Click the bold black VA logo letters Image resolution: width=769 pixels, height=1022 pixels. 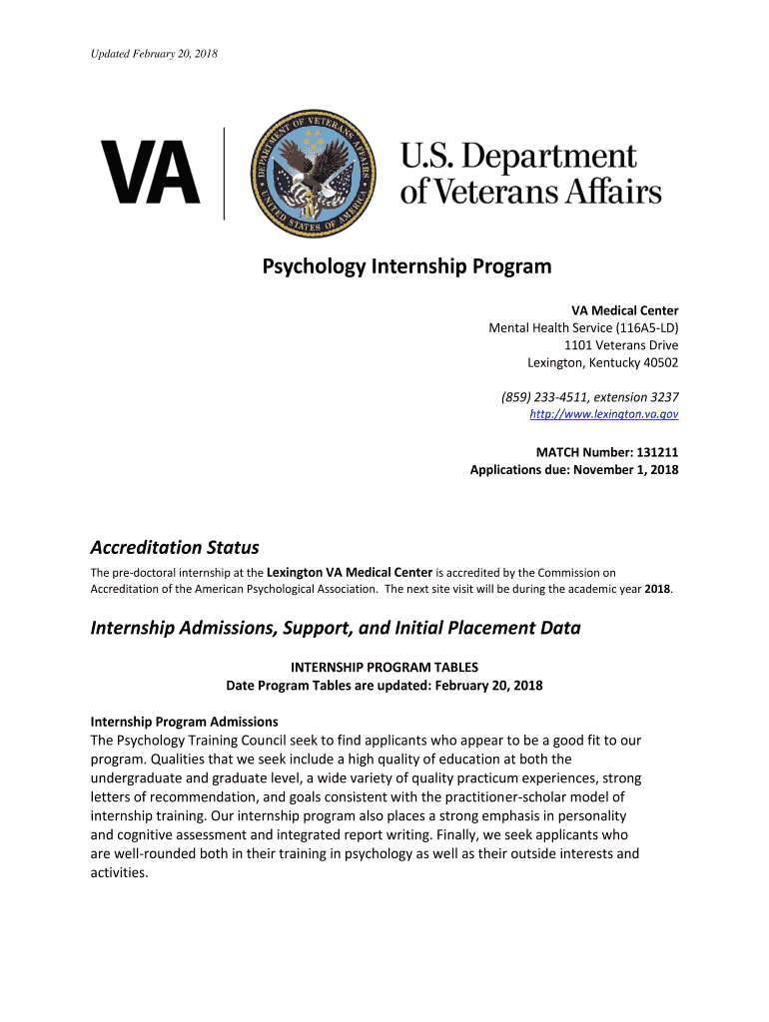(150, 172)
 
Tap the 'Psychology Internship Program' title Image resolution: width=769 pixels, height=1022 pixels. (406, 267)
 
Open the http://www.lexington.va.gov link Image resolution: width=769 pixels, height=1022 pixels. (603, 413)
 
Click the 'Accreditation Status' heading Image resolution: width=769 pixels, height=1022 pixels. (175, 547)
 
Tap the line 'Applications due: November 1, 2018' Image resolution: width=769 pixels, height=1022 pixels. (574, 469)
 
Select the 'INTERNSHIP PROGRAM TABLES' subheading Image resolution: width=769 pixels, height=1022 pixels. (384, 667)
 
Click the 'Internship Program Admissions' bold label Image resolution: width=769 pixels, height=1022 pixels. (185, 722)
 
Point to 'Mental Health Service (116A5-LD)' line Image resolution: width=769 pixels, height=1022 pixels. (583, 327)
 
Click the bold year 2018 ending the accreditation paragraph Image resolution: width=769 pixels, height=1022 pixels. (657, 589)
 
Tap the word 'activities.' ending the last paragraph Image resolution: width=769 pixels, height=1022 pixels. (119, 872)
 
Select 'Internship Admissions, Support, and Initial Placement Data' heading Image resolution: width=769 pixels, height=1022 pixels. (336, 628)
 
